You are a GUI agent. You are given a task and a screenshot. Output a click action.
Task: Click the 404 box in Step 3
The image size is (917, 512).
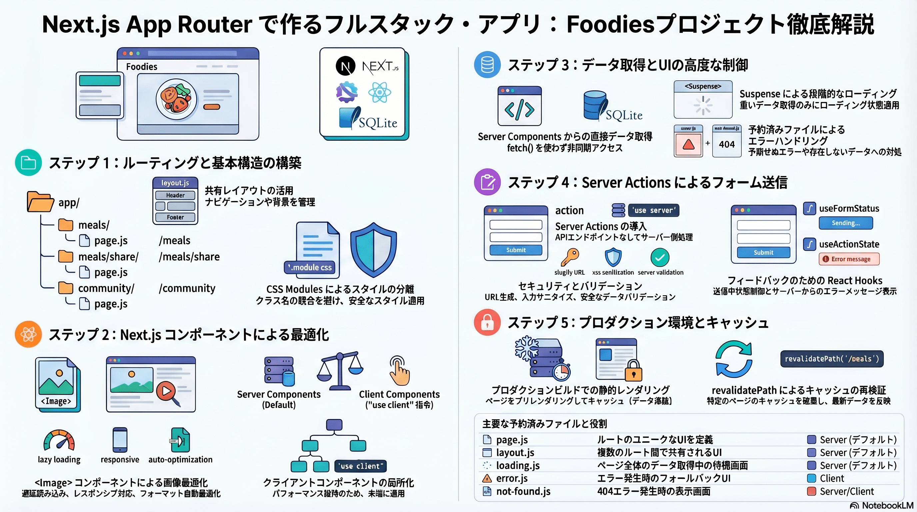tap(726, 144)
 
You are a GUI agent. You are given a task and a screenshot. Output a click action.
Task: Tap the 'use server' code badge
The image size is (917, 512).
tap(653, 210)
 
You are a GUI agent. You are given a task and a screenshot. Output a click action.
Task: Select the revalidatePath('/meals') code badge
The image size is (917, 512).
tap(832, 359)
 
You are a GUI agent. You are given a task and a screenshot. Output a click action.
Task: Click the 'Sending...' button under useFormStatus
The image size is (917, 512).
tap(845, 223)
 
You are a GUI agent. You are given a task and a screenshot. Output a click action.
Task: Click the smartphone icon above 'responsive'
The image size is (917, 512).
tap(120, 440)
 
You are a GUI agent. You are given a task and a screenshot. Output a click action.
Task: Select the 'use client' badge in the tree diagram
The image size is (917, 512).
tap(361, 466)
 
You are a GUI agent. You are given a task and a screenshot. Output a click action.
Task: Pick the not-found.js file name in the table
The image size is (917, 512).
tap(523, 491)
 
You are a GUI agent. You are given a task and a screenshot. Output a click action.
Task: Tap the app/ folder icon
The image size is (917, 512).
tap(40, 202)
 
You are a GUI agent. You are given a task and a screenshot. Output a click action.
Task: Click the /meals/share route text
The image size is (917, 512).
tap(189, 257)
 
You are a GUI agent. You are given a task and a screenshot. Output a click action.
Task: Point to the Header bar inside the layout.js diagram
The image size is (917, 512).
tap(175, 195)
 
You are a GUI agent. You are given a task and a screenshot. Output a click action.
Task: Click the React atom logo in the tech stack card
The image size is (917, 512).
tap(380, 92)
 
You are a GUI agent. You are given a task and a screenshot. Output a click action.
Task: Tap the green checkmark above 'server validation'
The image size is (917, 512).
tap(660, 257)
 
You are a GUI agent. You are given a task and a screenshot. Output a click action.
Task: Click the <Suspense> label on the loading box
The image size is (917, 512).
tap(703, 87)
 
